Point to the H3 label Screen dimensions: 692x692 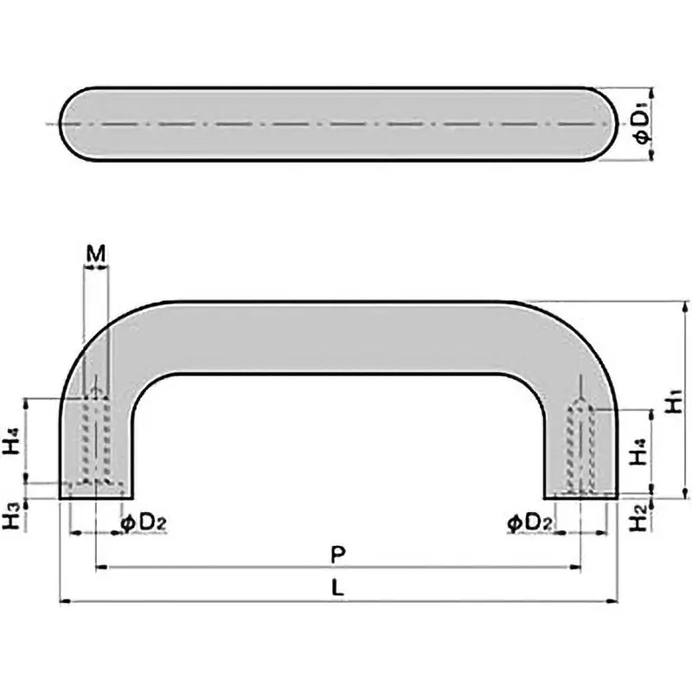(x=11, y=516)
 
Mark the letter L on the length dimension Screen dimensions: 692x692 (x=338, y=586)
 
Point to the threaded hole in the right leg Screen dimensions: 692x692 (x=580, y=445)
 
